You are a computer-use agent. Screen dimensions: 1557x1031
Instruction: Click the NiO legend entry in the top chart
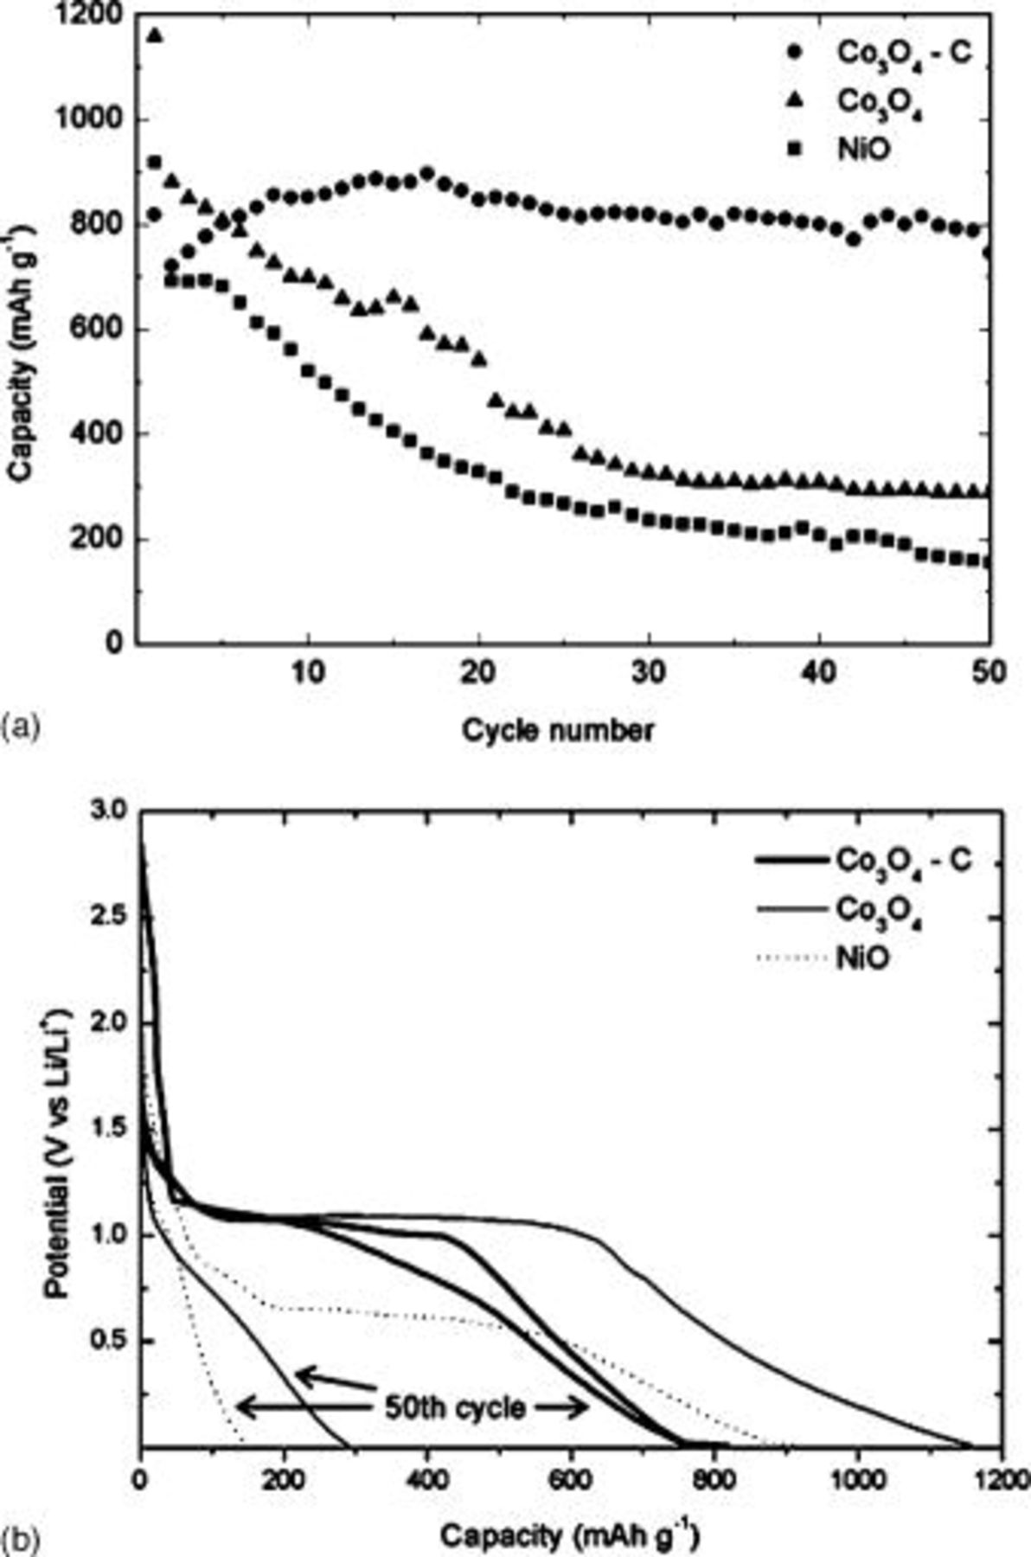click(x=862, y=151)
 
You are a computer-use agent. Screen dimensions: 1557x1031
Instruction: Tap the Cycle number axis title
click(x=558, y=731)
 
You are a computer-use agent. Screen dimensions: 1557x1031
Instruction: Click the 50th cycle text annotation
click(x=453, y=1407)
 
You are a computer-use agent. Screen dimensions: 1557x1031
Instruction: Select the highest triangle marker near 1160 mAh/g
click(x=155, y=35)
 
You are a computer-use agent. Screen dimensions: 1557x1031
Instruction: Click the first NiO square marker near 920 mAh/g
click(x=155, y=163)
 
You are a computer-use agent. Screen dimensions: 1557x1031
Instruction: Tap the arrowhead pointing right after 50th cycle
click(x=580, y=1407)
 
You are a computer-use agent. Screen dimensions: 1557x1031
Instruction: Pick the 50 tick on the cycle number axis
click(x=989, y=672)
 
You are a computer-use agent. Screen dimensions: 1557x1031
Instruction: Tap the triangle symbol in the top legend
click(x=795, y=101)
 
